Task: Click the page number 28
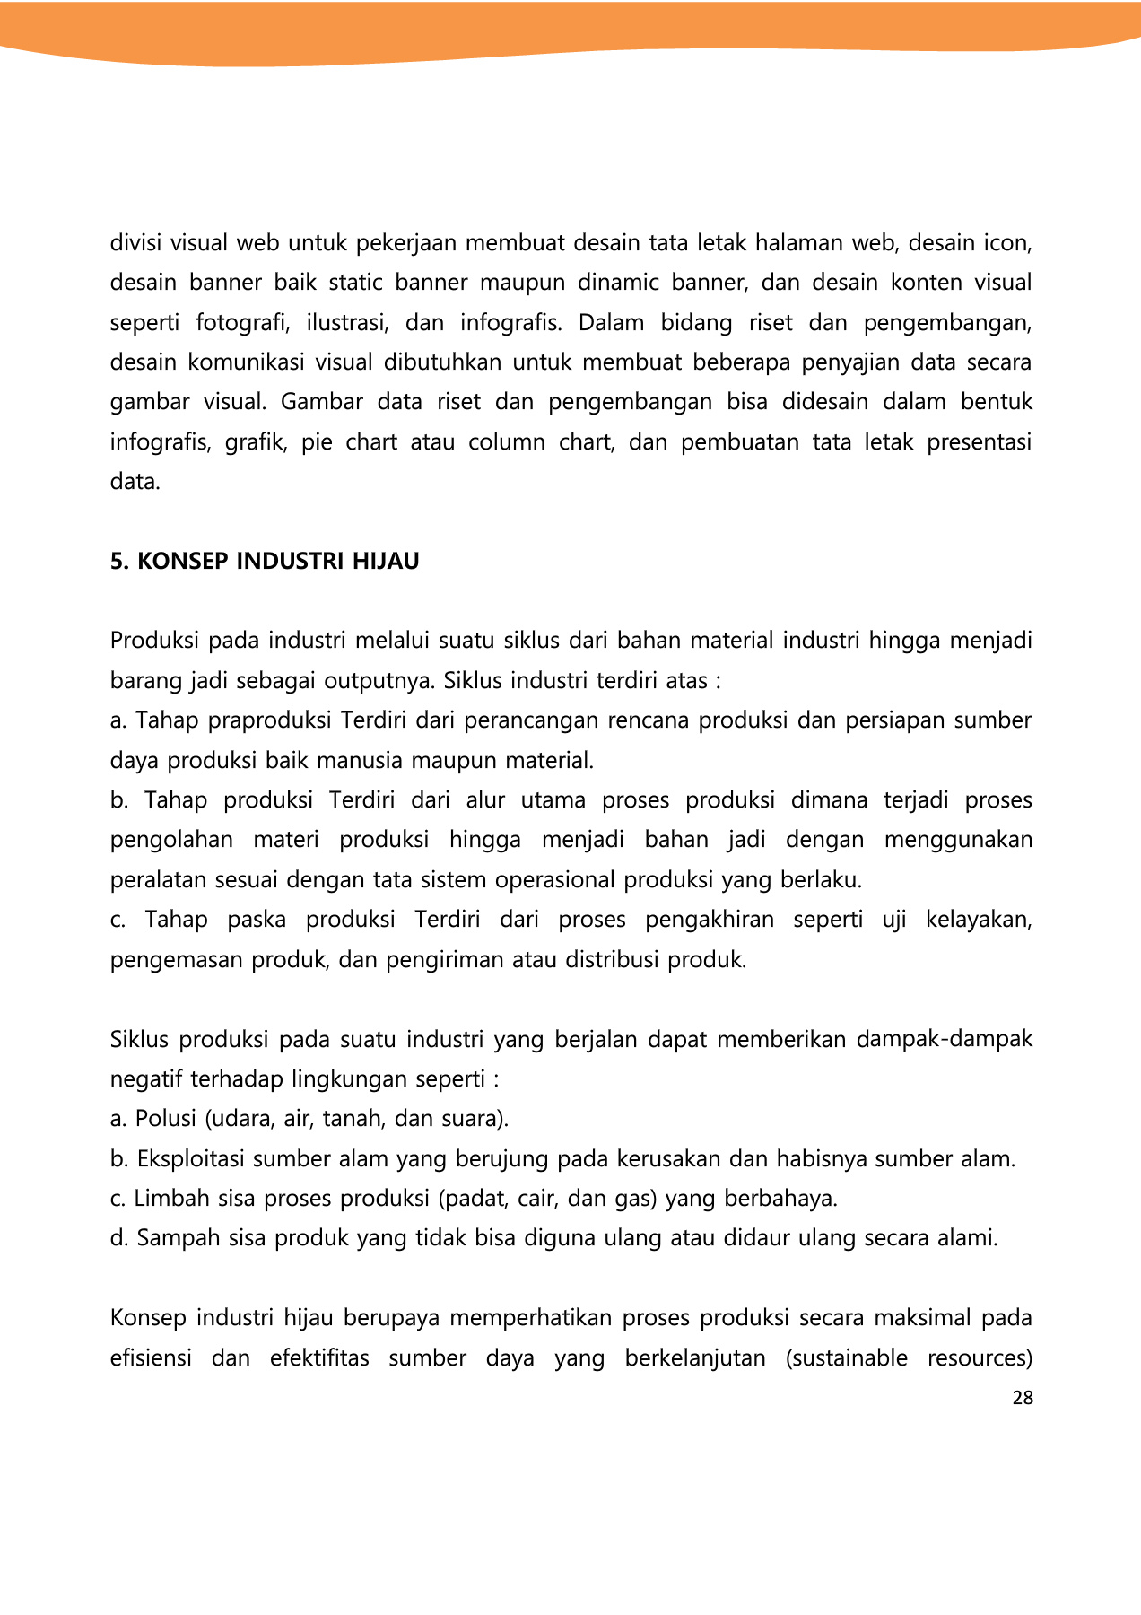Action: click(1022, 1398)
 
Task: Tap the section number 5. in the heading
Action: click(120, 562)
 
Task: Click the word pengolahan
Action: click(171, 840)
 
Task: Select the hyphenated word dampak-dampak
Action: click(945, 1039)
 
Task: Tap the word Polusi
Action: click(165, 1119)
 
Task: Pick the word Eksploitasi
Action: click(191, 1159)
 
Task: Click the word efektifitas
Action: click(319, 1358)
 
